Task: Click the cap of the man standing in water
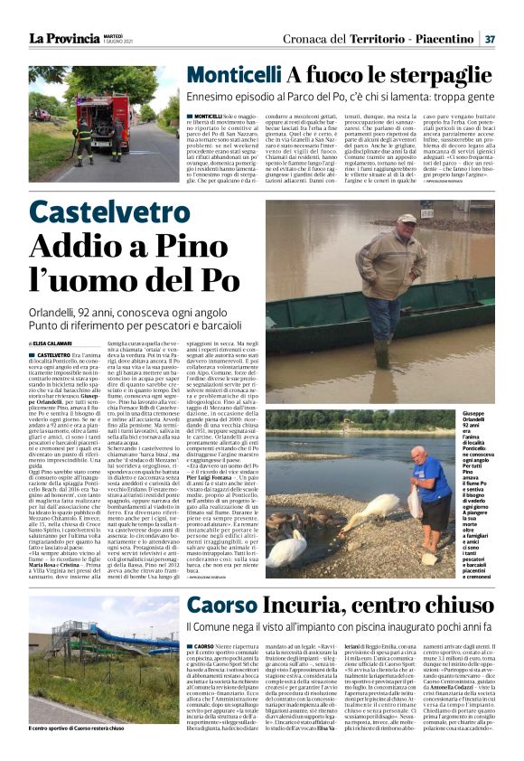407,219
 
